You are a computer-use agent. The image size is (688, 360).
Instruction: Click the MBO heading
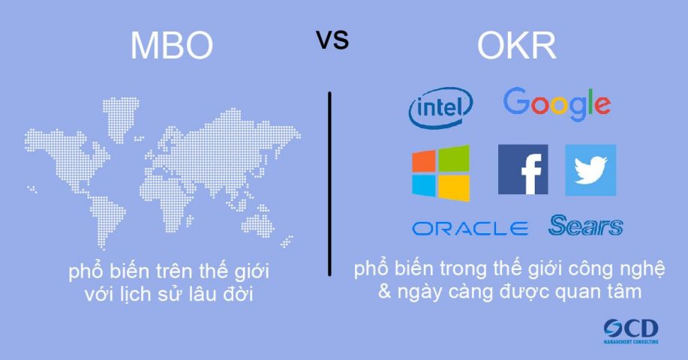[172, 46]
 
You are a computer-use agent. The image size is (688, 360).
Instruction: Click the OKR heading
[516, 46]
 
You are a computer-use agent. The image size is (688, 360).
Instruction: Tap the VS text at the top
[332, 40]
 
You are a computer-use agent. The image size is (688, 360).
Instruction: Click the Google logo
[557, 104]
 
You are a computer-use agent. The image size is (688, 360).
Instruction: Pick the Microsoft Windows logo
[440, 172]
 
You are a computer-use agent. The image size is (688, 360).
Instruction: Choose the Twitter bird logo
[590, 170]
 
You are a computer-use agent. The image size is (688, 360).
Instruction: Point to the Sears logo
[585, 226]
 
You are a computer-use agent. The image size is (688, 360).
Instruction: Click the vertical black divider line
[329, 184]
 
